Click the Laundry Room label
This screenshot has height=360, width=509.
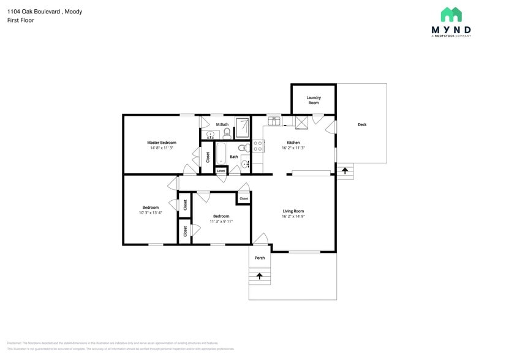(x=313, y=100)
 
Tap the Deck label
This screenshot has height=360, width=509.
(x=362, y=125)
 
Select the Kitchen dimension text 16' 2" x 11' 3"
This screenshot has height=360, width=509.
(x=293, y=148)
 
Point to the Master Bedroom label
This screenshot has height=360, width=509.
(x=161, y=143)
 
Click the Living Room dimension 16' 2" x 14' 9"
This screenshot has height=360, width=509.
(x=293, y=216)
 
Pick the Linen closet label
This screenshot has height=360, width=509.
(x=221, y=170)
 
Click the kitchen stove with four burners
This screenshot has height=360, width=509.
(x=258, y=146)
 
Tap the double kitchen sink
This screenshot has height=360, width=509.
(x=274, y=121)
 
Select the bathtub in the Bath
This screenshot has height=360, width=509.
(x=221, y=152)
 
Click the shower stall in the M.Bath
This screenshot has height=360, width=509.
(x=243, y=127)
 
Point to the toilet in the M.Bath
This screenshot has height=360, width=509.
(x=227, y=133)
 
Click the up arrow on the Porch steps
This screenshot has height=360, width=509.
(x=260, y=276)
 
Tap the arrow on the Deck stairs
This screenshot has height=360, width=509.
(x=345, y=170)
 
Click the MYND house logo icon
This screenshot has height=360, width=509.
(x=451, y=15)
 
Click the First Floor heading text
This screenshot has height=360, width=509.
(x=20, y=20)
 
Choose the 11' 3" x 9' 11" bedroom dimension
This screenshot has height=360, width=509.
(x=221, y=221)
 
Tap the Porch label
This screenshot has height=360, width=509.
(x=260, y=258)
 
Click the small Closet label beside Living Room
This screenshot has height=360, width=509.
(x=244, y=198)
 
